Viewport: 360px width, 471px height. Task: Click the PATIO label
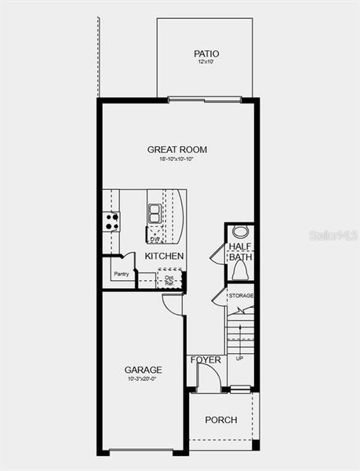click(x=207, y=54)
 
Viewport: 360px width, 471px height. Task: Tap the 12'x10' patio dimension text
click(x=207, y=63)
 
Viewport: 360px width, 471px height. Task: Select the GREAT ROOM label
click(x=177, y=149)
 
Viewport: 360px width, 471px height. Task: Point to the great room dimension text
click(x=177, y=159)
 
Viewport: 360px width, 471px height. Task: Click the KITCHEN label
click(x=165, y=256)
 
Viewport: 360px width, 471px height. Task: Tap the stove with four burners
click(x=111, y=221)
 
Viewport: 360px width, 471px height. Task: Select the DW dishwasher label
click(x=155, y=237)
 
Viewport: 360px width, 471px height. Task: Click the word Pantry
click(x=121, y=274)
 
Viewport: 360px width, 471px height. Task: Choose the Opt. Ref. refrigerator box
click(x=169, y=279)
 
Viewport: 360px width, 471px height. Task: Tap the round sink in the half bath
click(x=240, y=232)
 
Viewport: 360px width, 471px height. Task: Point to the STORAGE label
click(x=241, y=296)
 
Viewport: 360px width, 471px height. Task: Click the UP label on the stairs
click(x=240, y=358)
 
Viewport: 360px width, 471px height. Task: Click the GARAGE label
click(x=144, y=369)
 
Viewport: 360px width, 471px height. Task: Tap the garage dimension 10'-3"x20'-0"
click(x=144, y=378)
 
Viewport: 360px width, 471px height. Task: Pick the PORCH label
click(x=221, y=420)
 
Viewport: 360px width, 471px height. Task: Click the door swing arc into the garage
click(x=173, y=304)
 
